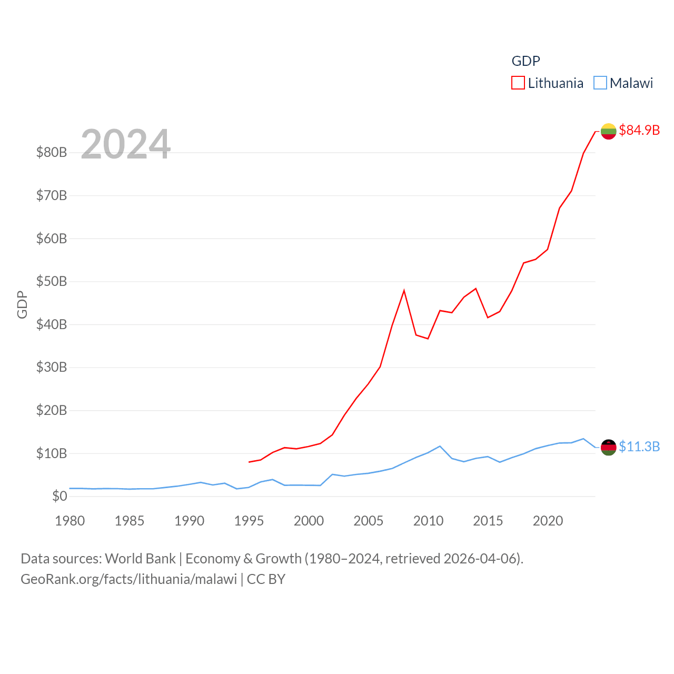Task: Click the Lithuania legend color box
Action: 518,83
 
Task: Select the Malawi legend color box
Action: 600,83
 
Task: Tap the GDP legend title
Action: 526,61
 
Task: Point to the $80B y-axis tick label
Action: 52,153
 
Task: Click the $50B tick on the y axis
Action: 52,281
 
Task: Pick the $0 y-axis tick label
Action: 60,496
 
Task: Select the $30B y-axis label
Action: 52,367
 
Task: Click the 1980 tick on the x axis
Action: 70,521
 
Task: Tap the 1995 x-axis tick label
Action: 249,521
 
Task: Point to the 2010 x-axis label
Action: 428,521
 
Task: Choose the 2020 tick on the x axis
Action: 548,521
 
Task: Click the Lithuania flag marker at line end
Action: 608,131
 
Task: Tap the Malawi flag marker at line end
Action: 608,448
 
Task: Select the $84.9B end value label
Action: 639,130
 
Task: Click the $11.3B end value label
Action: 639,447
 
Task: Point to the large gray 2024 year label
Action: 126,144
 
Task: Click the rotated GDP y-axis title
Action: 22,304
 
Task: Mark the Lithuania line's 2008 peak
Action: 404,291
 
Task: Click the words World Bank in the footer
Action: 141,558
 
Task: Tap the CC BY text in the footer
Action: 266,579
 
